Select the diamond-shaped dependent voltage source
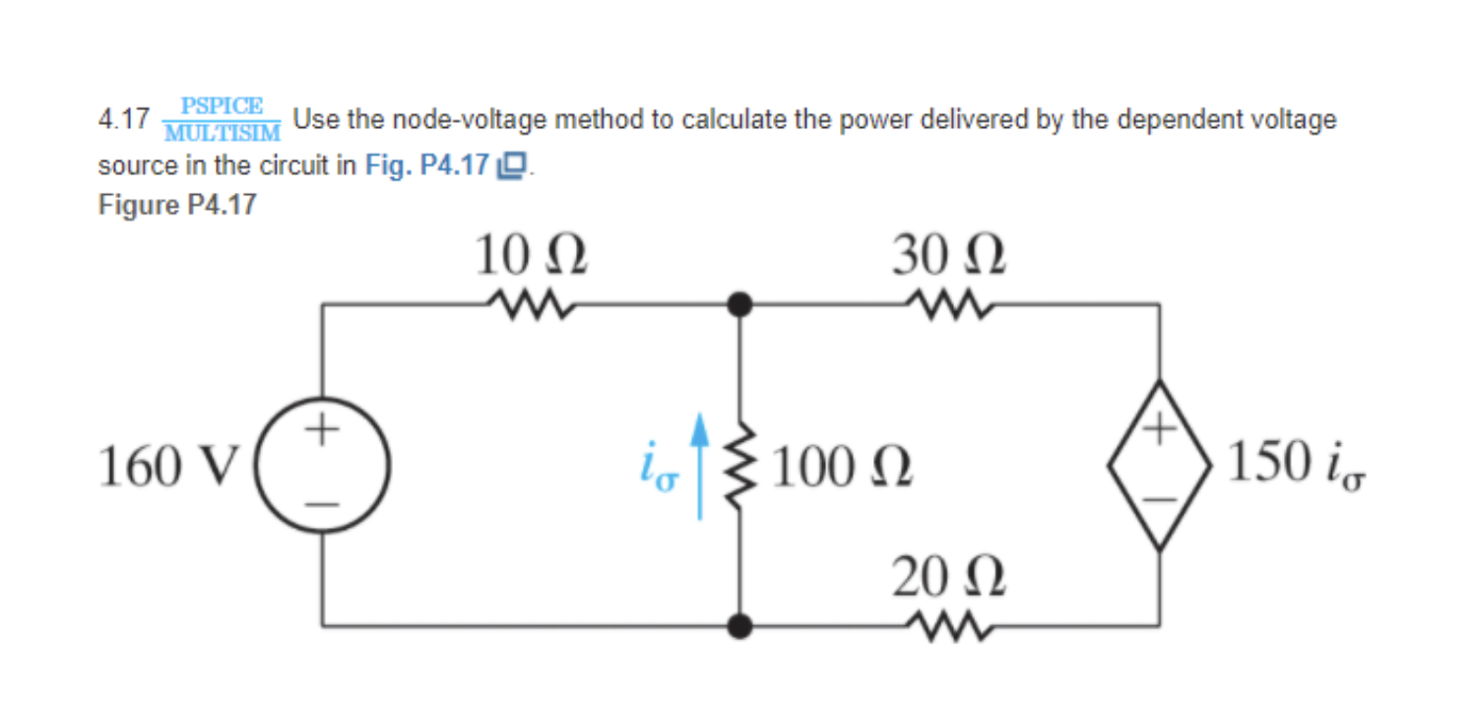(x=1159, y=464)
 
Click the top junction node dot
(x=738, y=305)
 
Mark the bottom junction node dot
(x=738, y=624)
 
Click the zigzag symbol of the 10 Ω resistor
(x=532, y=305)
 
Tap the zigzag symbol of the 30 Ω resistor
(x=950, y=305)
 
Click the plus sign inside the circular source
(x=324, y=430)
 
